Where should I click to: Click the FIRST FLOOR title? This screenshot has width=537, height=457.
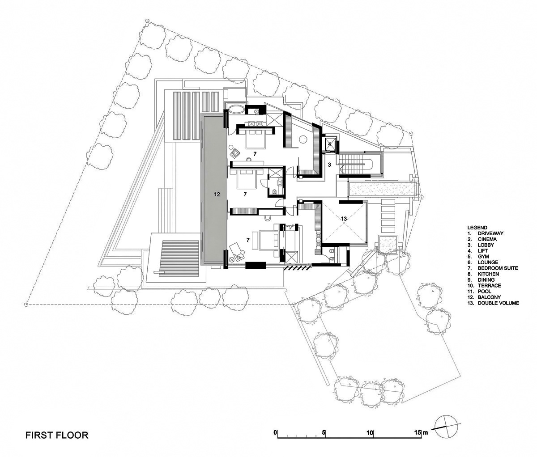pyautogui.click(x=56, y=435)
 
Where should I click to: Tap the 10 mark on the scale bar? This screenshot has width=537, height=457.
pyautogui.click(x=370, y=433)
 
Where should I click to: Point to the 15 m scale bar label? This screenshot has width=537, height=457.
pyautogui.click(x=421, y=433)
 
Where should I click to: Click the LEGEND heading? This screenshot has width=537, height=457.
pyautogui.click(x=477, y=228)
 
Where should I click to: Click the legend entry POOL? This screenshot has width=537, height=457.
pyautogui.click(x=485, y=291)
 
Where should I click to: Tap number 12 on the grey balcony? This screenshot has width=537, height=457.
pyautogui.click(x=217, y=195)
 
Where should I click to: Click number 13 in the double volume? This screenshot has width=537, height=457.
pyautogui.click(x=344, y=219)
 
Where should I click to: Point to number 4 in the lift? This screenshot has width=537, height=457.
pyautogui.click(x=329, y=144)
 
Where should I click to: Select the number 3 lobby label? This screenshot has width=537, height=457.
pyautogui.click(x=329, y=165)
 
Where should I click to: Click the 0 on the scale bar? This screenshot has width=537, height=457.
pyautogui.click(x=276, y=433)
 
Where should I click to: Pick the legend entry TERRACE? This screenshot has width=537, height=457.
pyautogui.click(x=489, y=285)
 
